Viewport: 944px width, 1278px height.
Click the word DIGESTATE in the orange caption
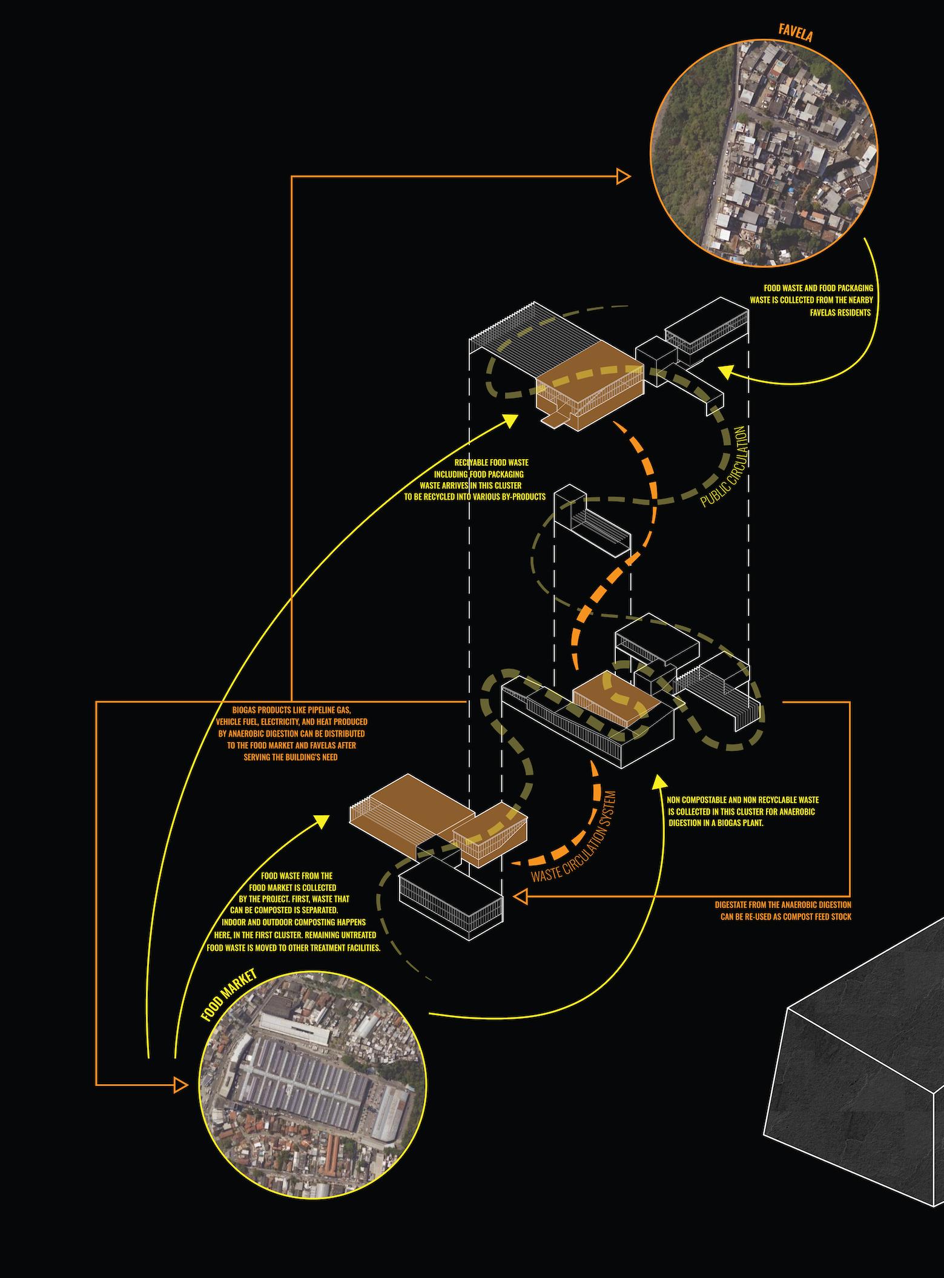pos(733,904)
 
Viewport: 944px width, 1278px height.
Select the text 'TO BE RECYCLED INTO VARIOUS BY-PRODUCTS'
pos(475,497)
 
